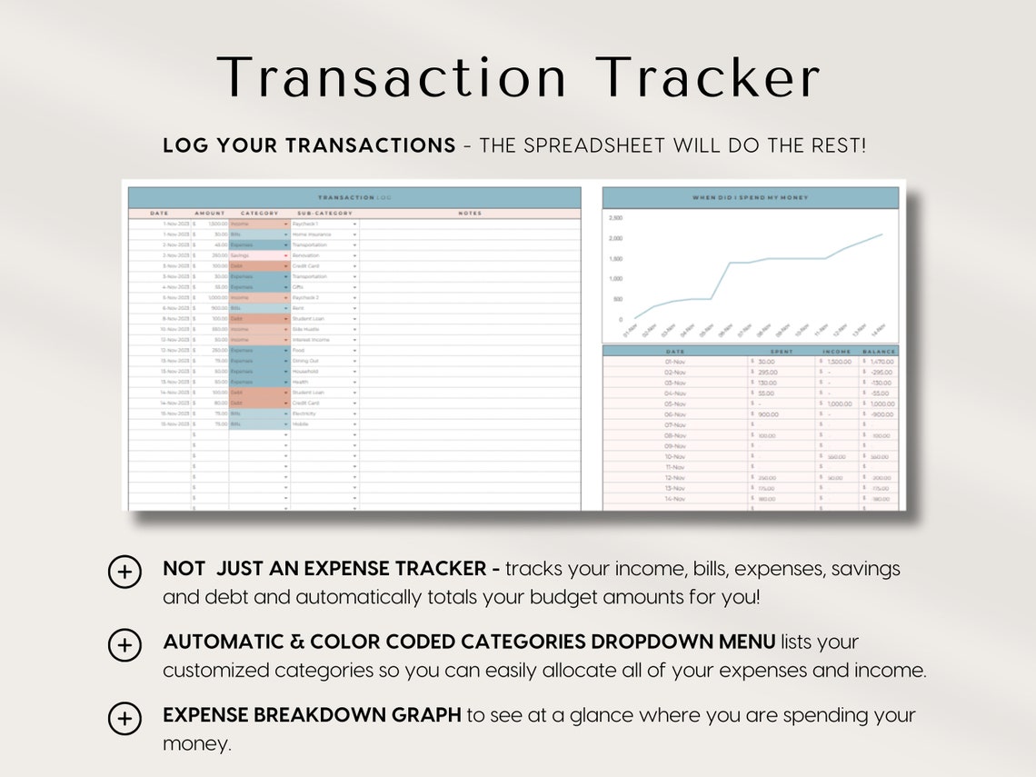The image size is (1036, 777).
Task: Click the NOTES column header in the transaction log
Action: pyautogui.click(x=470, y=214)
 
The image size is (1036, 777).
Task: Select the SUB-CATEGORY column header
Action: pyautogui.click(x=323, y=214)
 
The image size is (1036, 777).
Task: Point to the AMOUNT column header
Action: pyautogui.click(x=209, y=214)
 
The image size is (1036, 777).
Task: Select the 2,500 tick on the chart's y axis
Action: pyautogui.click(x=615, y=219)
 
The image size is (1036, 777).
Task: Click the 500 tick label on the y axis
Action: pyautogui.click(x=618, y=299)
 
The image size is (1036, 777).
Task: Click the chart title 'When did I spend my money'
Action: pyautogui.click(x=750, y=197)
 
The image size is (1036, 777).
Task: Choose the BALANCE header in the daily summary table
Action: pyautogui.click(x=879, y=351)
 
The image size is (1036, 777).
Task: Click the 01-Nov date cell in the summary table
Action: pyautogui.click(x=675, y=362)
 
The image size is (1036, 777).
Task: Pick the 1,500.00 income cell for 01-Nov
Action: pyautogui.click(x=837, y=362)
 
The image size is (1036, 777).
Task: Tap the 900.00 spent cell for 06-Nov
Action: pyautogui.click(x=768, y=414)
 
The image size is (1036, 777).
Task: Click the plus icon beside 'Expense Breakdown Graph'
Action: pyautogui.click(x=125, y=718)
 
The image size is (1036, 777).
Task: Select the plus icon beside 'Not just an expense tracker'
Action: pyautogui.click(x=125, y=572)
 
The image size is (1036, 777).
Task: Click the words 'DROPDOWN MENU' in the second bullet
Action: pyautogui.click(x=683, y=642)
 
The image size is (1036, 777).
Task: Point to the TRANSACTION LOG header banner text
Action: pyautogui.click(x=354, y=197)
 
